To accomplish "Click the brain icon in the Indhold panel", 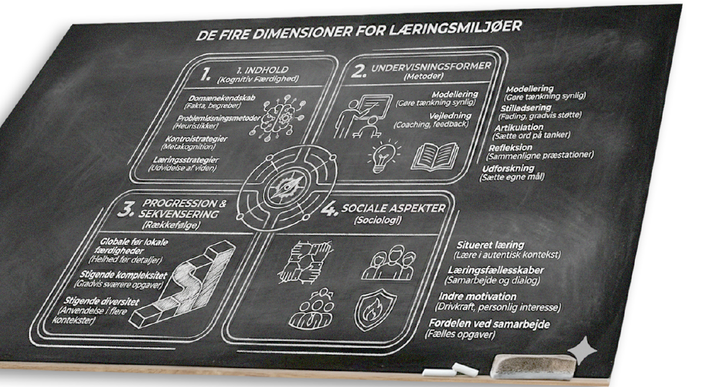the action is click(278, 117).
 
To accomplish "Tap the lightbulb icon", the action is click(383, 156).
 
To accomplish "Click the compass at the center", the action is click(286, 187).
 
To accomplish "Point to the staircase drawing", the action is click(186, 285).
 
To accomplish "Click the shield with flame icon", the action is click(375, 310).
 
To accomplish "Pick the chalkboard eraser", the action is click(534, 366).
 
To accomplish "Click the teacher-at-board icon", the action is click(363, 116).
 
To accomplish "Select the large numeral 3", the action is click(126, 209).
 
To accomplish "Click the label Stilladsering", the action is click(526, 108).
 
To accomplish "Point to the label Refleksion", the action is click(511, 148).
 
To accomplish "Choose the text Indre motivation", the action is click(477, 297).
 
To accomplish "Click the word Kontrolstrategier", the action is click(196, 139).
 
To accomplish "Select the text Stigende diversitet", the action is click(101, 301).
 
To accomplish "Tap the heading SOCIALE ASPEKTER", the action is click(394, 208).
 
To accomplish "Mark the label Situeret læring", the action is click(490, 245).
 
